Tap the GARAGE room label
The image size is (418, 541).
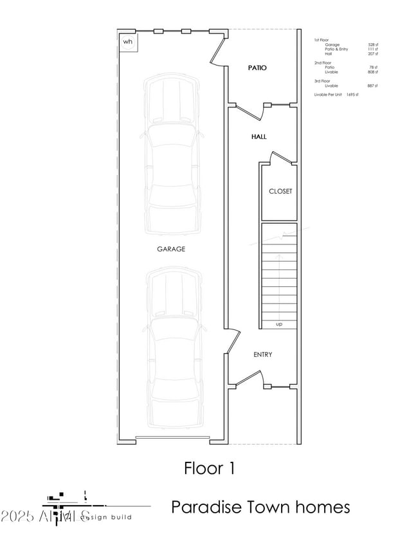click(x=171, y=249)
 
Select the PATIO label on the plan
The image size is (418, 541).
click(x=257, y=68)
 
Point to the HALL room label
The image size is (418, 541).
click(x=259, y=137)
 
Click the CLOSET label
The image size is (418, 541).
click(x=280, y=191)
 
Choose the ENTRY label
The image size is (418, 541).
click(x=262, y=354)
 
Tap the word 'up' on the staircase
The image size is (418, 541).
click(x=279, y=324)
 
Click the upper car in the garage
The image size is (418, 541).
click(x=171, y=154)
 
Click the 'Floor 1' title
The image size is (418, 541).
click(x=209, y=468)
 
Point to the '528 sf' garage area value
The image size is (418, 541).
click(x=372, y=44)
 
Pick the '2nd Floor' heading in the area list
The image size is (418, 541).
click(x=322, y=62)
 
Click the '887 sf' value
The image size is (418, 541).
click(x=372, y=86)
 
